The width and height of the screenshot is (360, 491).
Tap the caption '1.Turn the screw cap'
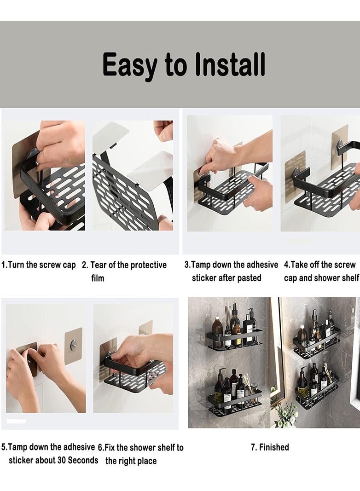tap(39, 265)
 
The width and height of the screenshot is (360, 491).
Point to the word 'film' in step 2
tap(98, 278)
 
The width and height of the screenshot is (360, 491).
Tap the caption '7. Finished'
tap(270, 447)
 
